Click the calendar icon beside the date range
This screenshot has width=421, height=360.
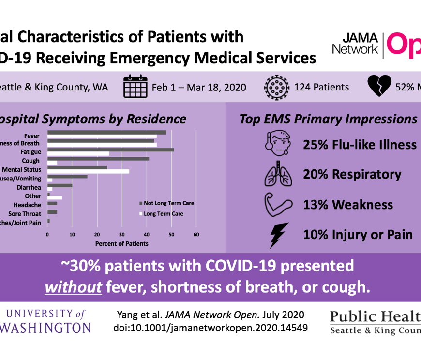point(135,87)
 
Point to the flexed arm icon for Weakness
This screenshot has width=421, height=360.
point(278,205)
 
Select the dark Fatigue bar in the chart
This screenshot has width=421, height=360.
point(110,150)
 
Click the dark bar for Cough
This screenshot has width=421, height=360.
point(98,158)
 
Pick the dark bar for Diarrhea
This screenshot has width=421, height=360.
point(60,185)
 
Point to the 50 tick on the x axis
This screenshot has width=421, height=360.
point(172,234)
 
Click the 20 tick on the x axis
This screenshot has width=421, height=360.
point(97,234)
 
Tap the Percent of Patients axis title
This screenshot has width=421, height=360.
point(122,243)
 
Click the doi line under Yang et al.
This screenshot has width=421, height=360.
point(210,327)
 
